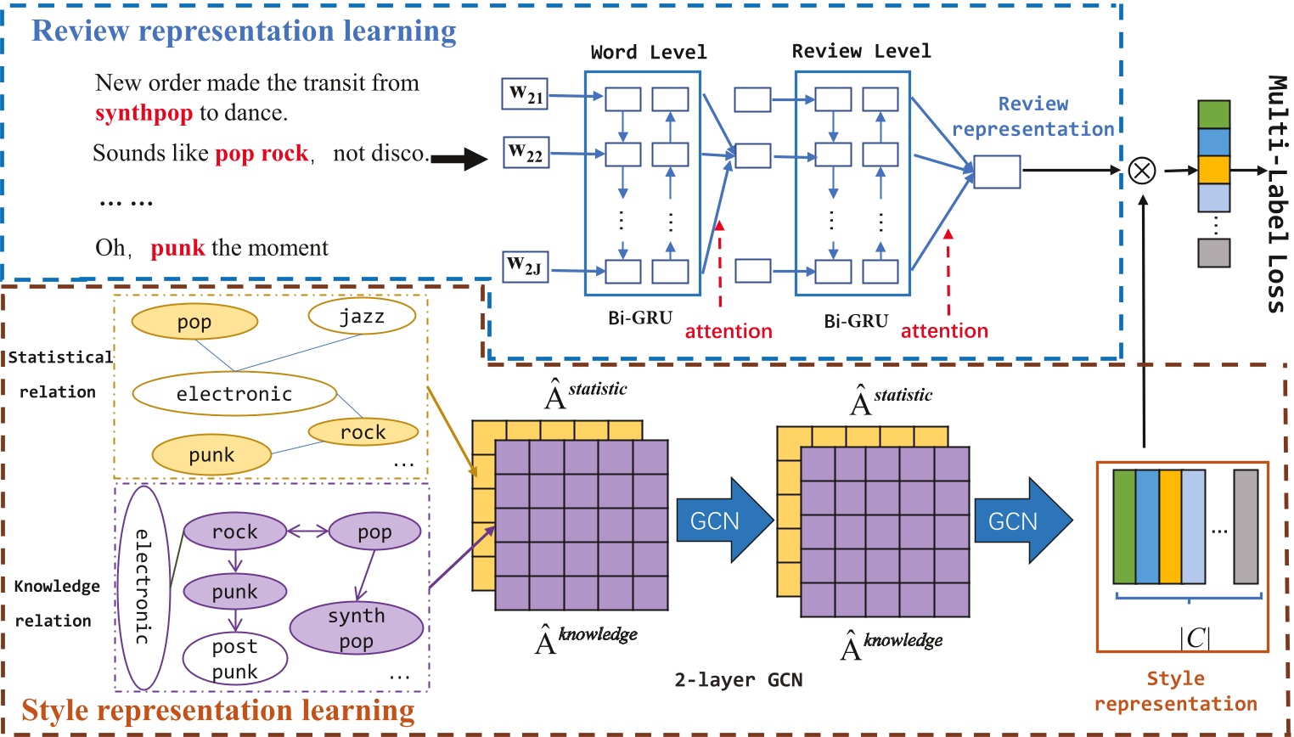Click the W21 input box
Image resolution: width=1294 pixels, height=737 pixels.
[525, 94]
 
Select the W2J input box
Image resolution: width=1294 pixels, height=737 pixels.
[524, 267]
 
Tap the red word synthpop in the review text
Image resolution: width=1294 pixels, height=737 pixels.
[143, 113]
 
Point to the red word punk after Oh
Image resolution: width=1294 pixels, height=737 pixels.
[177, 248]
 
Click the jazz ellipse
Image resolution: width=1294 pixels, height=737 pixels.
[362, 317]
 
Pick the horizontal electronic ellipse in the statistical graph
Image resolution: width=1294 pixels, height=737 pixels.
[234, 394]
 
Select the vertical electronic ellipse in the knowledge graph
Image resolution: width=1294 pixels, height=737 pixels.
[143, 587]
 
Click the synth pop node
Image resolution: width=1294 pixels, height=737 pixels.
[357, 628]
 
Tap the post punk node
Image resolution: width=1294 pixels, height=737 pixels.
[234, 659]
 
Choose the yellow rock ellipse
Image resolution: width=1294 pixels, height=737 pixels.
[363, 432]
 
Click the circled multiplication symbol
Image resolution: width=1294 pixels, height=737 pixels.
[1142, 171]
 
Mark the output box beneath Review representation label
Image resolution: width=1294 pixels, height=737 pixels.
[997, 172]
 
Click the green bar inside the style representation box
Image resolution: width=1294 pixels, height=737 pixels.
[1124, 526]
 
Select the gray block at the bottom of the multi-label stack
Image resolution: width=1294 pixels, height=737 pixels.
[1213, 252]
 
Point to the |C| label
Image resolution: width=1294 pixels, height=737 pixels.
[1195, 637]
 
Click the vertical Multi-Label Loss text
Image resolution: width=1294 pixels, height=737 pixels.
[1276, 194]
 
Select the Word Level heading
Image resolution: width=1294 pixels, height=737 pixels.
[649, 53]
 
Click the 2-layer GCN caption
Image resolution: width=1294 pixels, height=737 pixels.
[738, 680]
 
